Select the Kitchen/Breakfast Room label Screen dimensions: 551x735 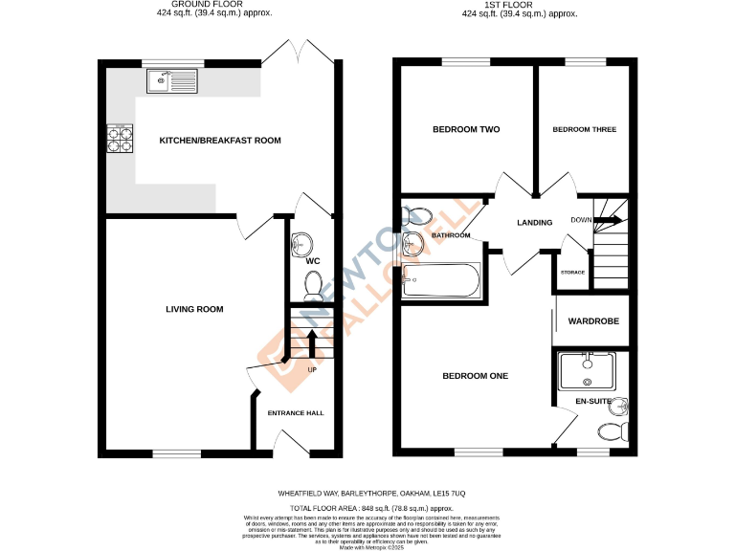click(x=220, y=141)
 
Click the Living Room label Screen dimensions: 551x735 click(x=194, y=309)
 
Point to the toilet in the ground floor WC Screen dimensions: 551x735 click(x=312, y=284)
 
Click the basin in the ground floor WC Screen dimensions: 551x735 click(x=303, y=242)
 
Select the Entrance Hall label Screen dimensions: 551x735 click(x=295, y=413)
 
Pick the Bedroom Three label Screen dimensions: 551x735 click(x=585, y=129)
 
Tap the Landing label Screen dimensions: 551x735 click(x=534, y=223)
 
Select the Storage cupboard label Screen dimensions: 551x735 click(x=572, y=273)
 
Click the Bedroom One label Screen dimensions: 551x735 click(x=475, y=376)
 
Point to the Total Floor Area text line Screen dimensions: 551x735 click(x=371, y=509)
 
